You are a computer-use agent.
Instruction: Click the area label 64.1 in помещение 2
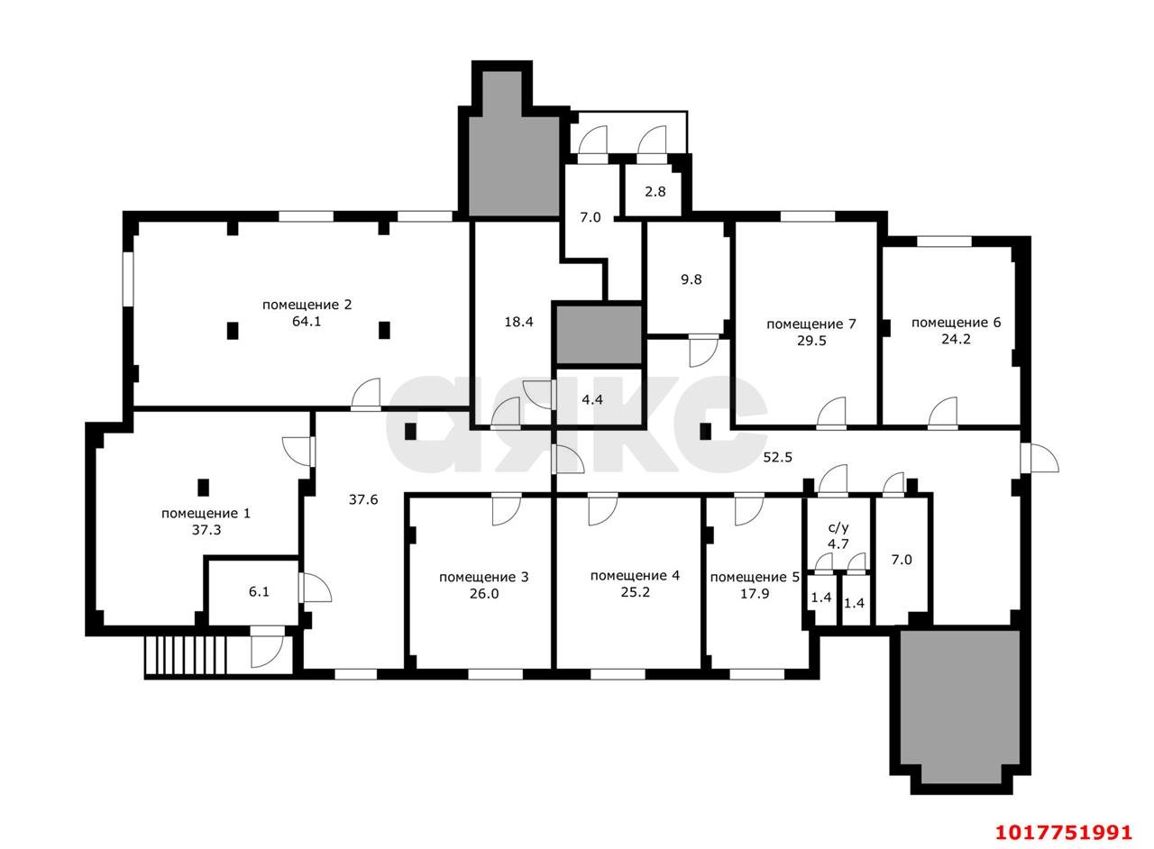pos(307,322)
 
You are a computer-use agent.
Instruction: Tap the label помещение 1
pos(206,513)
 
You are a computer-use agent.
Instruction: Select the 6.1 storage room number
pos(259,592)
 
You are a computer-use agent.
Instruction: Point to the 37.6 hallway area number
pos(363,499)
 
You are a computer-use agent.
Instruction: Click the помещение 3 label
pos(484,577)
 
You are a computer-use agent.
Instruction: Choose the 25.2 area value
pos(636,592)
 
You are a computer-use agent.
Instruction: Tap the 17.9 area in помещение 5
pos(755,593)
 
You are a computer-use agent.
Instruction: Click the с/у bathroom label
pos(838,527)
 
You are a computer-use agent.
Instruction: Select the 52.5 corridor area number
pos(777,457)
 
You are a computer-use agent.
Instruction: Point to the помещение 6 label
pos(957,323)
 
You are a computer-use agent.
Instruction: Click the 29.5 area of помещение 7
pos(811,341)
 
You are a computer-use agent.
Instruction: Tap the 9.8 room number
pos(691,279)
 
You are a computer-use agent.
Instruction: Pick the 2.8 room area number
pos(655,192)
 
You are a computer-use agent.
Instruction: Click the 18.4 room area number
pos(518,322)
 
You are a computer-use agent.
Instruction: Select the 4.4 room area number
pos(592,400)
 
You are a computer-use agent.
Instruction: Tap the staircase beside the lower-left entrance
pos(186,655)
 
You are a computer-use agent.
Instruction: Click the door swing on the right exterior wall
pos(1040,458)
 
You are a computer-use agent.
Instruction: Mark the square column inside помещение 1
pos(204,487)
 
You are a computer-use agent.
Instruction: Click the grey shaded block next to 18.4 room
pos(599,335)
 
